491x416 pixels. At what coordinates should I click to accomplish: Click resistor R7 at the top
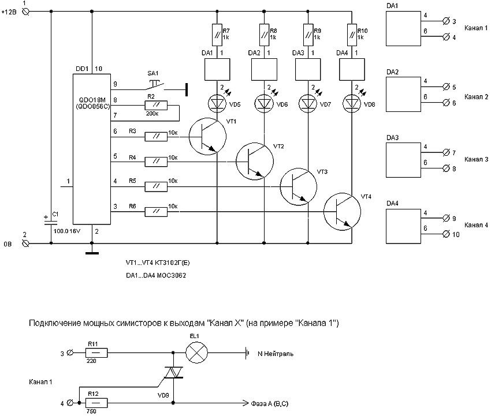click(217, 34)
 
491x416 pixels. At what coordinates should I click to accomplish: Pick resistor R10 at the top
click(352, 34)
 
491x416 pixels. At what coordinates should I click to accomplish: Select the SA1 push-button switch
click(153, 85)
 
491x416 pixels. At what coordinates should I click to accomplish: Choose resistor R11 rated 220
click(95, 353)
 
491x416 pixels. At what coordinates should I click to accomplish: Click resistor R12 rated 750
click(95, 402)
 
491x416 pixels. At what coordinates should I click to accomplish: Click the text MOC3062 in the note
click(173, 275)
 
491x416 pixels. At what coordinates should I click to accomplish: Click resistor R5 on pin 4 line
click(156, 186)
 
